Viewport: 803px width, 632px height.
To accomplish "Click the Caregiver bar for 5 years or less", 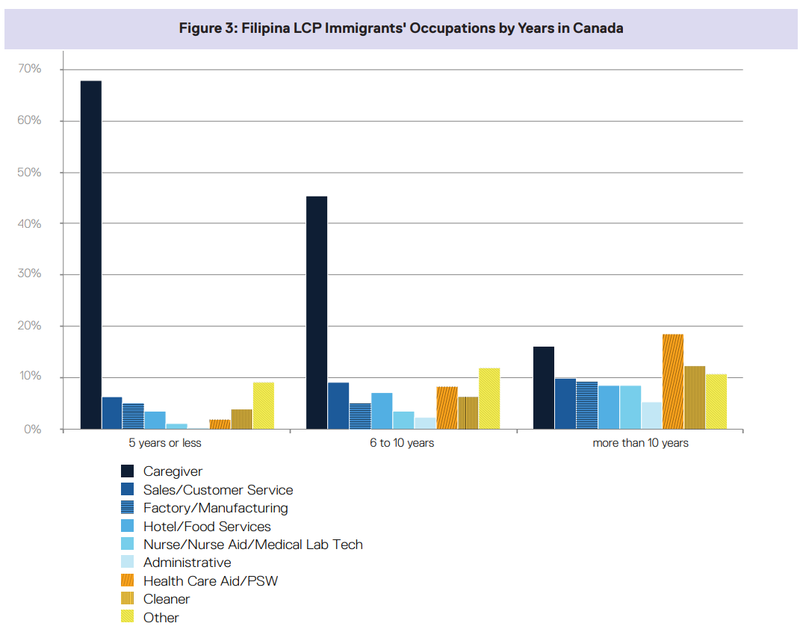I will tap(91, 254).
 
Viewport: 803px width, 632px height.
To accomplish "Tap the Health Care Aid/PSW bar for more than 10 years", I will tap(673, 381).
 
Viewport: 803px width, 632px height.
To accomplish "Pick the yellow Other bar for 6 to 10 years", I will tap(489, 398).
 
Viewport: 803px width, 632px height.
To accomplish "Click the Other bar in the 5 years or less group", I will tap(264, 406).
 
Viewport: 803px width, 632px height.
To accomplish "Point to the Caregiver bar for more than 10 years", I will tap(544, 388).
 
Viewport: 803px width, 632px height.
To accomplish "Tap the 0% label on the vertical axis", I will tap(31, 430).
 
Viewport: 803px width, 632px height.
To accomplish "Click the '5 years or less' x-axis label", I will tap(165, 443).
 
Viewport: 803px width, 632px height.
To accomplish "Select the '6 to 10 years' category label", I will tap(402, 443).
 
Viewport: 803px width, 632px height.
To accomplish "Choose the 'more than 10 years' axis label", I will tap(640, 443).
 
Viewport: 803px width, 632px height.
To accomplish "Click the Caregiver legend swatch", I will tap(128, 471).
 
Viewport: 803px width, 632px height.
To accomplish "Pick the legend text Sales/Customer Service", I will tap(218, 490).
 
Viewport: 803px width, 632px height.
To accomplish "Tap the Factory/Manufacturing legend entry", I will tap(215, 508).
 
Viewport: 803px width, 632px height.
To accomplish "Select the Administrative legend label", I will tap(187, 563).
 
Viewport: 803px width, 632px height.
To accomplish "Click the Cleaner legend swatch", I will tap(128, 599).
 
